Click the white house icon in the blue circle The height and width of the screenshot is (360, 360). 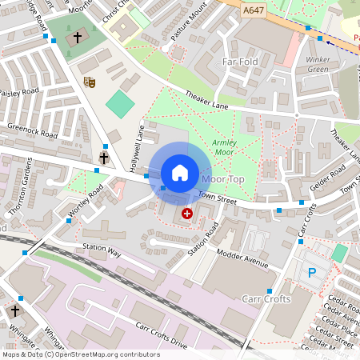pos(180,172)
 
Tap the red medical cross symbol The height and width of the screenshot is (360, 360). pos(187,214)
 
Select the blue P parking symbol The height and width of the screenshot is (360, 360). pos(311,274)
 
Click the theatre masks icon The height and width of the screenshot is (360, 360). pos(90,82)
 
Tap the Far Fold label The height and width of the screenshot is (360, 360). pos(240,61)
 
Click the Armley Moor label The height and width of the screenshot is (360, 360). pos(225,146)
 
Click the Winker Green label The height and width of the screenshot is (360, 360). pos(318,64)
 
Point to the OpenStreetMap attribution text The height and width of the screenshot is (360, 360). pos(80,354)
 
